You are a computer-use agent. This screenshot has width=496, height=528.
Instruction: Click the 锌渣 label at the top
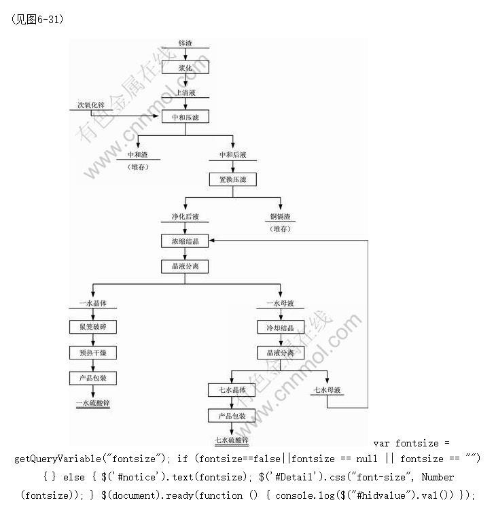pos(185,43)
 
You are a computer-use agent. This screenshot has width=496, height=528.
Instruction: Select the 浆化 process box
pos(185,68)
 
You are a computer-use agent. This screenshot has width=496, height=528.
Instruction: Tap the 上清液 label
pos(185,93)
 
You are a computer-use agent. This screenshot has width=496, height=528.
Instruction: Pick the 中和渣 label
pos(137,155)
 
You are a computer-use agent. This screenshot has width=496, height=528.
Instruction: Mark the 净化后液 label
pos(185,217)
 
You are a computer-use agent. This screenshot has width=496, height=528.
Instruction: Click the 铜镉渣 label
pos(280,217)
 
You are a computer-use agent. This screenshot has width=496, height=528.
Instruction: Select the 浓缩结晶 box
pos(185,241)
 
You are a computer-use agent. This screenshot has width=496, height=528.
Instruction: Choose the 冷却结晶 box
pos(279,328)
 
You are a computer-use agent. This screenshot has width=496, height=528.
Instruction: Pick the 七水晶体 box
pos(232,390)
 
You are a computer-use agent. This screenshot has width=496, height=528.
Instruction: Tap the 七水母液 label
pos(327,390)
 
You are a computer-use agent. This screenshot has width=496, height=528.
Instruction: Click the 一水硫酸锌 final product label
pos(92,403)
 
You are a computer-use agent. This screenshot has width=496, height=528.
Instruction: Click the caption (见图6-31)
pos(37,19)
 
